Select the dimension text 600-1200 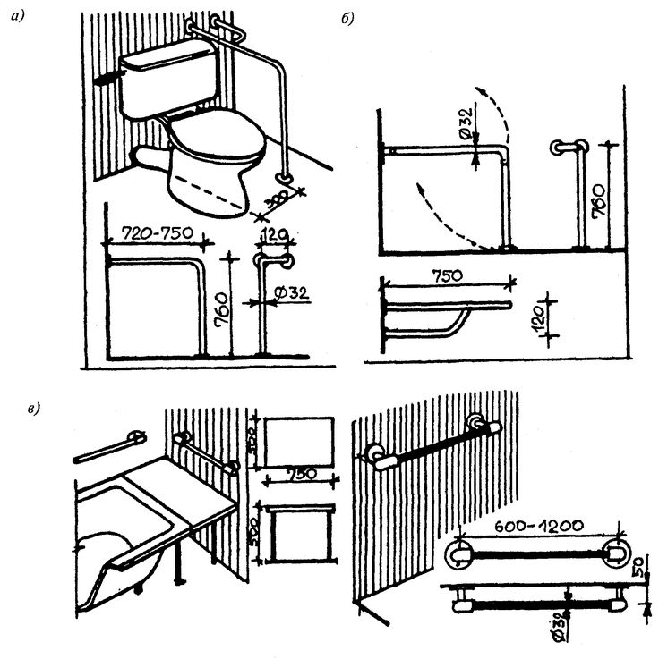(x=538, y=529)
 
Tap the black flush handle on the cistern (x=107, y=79)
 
